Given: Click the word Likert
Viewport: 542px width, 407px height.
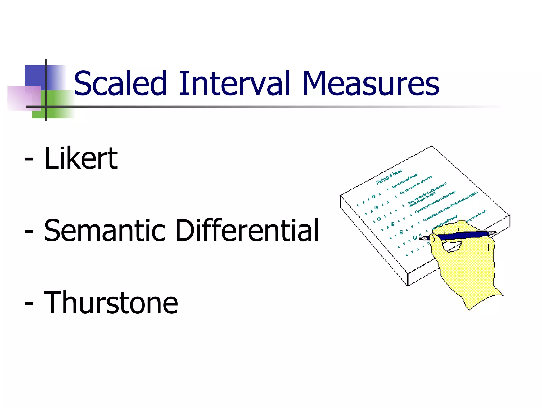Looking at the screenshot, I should click(x=81, y=158).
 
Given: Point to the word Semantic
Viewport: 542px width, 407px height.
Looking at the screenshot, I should click(x=105, y=231).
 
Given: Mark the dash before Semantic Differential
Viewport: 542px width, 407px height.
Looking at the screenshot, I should click(x=29, y=231).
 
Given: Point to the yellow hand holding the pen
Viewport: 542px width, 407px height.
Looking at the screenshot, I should click(x=466, y=268).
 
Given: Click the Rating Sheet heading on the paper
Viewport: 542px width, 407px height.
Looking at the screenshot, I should click(x=389, y=177).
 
